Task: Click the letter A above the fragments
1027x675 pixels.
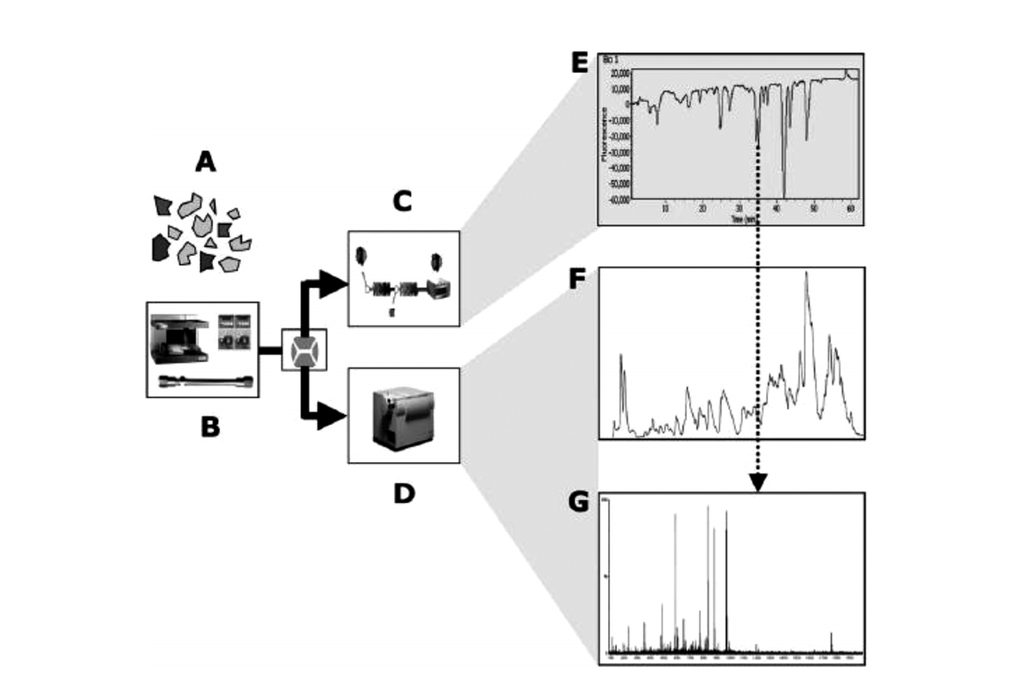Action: (x=205, y=162)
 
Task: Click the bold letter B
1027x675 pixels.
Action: (x=210, y=426)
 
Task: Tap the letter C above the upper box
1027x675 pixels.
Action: (x=402, y=202)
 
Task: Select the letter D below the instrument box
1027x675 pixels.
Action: (x=404, y=494)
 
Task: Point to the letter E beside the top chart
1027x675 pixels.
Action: (x=579, y=62)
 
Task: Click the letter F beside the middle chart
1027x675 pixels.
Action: (x=578, y=279)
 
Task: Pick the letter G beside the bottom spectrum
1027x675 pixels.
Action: (x=578, y=501)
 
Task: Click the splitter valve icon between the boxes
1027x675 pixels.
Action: (x=304, y=350)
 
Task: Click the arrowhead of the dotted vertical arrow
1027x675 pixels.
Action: (x=758, y=483)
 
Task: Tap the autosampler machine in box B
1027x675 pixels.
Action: (x=180, y=339)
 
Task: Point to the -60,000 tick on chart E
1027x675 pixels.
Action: (x=618, y=199)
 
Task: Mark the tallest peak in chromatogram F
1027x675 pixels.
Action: (x=806, y=274)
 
